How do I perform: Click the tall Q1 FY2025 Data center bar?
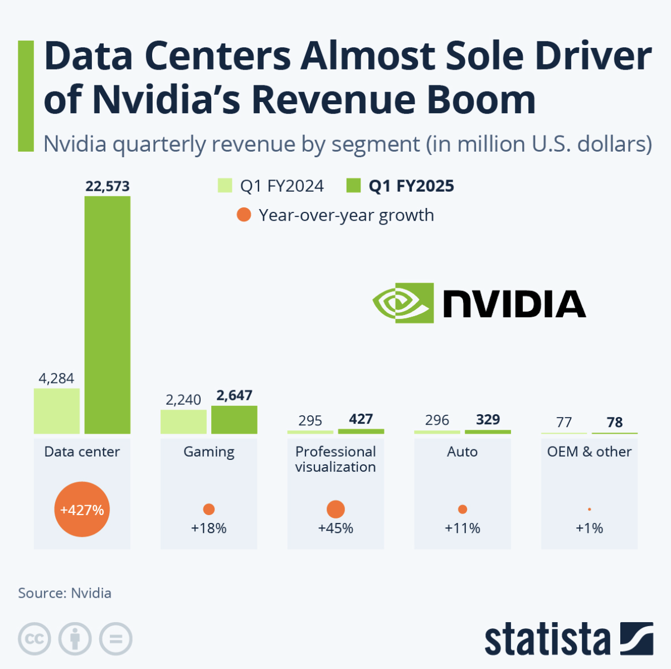click(x=108, y=315)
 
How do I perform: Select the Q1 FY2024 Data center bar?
click(x=57, y=411)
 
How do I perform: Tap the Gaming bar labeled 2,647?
click(x=234, y=420)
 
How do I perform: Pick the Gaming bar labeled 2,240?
click(x=183, y=422)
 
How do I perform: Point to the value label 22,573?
click(x=108, y=186)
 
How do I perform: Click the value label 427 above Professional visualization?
click(x=361, y=419)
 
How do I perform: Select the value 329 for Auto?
click(x=488, y=420)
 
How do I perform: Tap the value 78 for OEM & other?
click(x=615, y=423)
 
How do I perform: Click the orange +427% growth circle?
click(x=82, y=510)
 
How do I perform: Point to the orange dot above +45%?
click(x=335, y=509)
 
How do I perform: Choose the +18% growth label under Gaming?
click(x=209, y=529)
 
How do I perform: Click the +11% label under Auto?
click(x=463, y=529)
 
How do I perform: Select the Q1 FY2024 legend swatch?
click(x=225, y=186)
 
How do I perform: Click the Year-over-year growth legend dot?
click(x=244, y=215)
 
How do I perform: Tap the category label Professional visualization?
click(x=335, y=459)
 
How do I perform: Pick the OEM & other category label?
click(x=589, y=452)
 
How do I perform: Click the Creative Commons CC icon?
click(x=35, y=638)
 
